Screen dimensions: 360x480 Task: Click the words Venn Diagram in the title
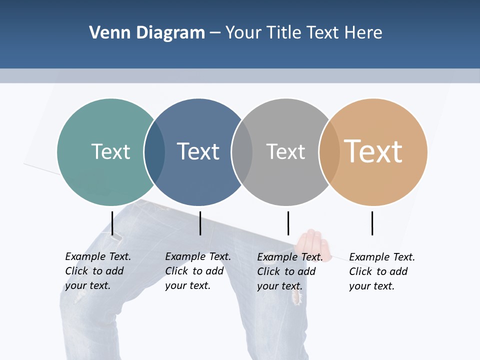point(147,33)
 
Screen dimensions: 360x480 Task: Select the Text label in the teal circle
point(110,151)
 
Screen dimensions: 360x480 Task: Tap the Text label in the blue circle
point(198,151)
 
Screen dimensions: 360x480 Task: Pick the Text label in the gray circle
point(285,151)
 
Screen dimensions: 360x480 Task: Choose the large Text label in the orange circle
point(373,151)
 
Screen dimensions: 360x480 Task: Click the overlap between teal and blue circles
point(154,152)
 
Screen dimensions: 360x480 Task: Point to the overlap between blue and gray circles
point(242,152)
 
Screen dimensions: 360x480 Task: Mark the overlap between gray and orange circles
point(329,152)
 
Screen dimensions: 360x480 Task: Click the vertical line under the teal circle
point(112,223)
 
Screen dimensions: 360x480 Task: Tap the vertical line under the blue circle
point(200,223)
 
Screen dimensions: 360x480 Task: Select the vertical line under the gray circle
point(288,223)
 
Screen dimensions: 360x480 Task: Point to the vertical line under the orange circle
point(372,223)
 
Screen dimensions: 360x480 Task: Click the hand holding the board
point(313,245)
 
